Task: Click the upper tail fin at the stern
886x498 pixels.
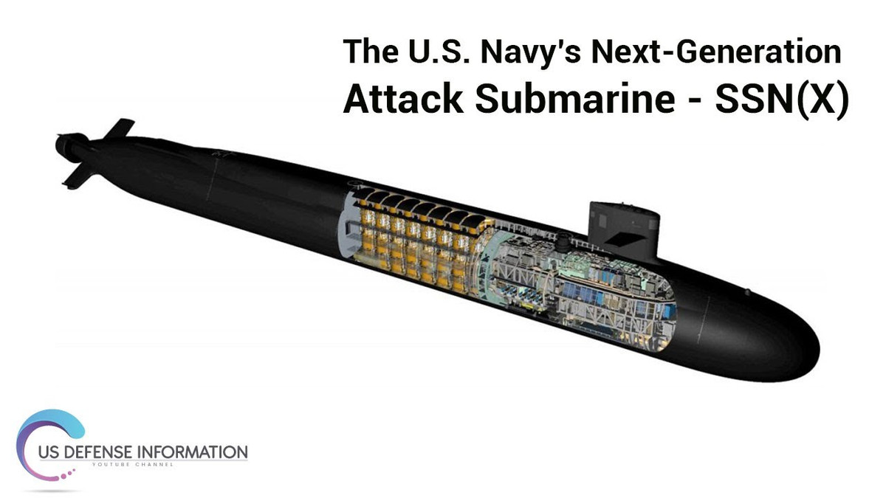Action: pos(118,128)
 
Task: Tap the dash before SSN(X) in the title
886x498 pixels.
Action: pos(692,101)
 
